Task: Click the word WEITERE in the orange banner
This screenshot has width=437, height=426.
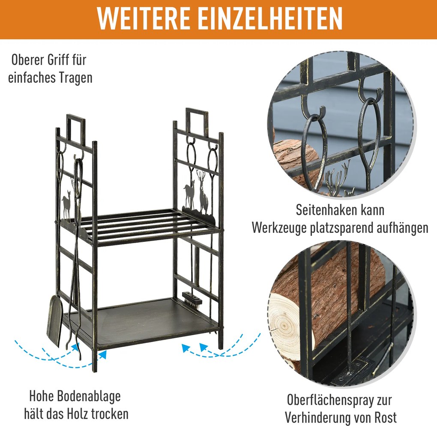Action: [x=144, y=18]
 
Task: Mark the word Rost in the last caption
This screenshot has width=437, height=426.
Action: [x=385, y=417]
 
